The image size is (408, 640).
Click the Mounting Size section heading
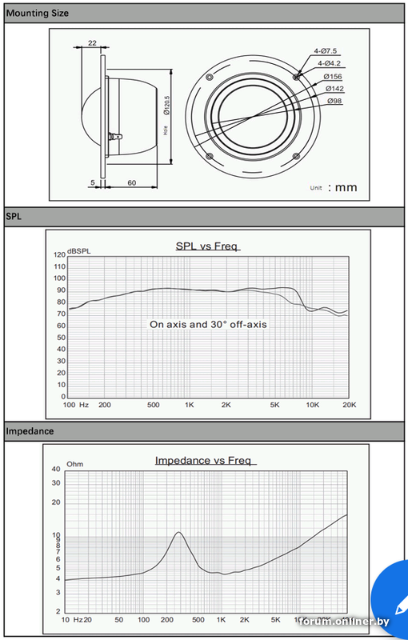coord(37,13)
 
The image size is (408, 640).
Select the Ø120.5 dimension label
coord(166,106)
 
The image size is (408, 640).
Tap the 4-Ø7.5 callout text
coord(326,51)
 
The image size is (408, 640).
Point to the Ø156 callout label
coord(333,76)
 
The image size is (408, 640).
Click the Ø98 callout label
coord(334,101)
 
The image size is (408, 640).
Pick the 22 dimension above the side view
coord(92,42)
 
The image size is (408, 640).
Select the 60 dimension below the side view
coord(132,183)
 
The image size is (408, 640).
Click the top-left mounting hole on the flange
coord(210,77)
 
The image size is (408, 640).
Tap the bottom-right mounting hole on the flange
coord(297,156)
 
